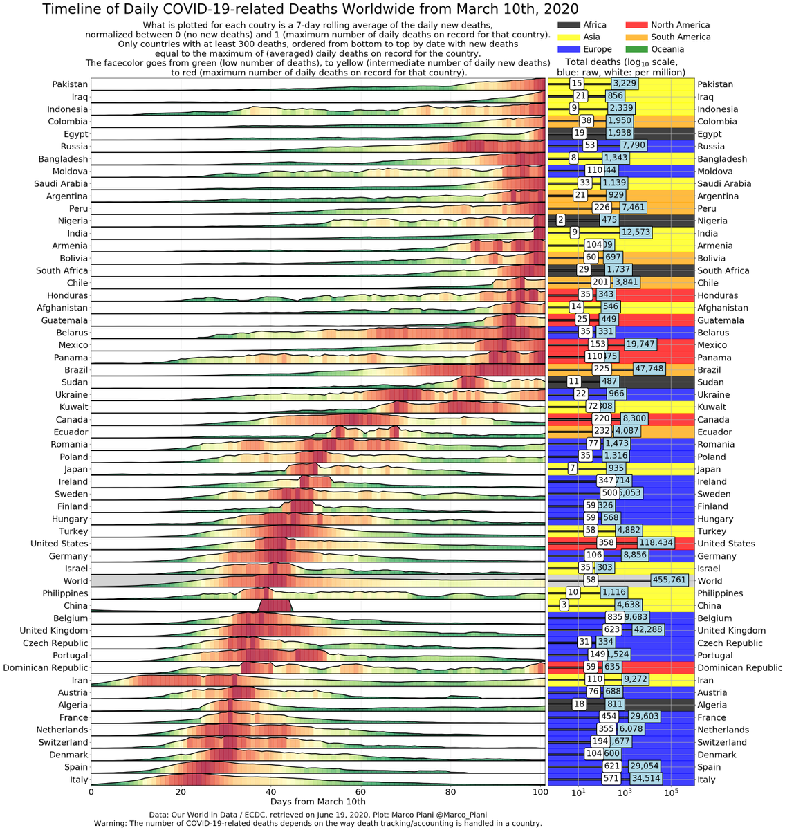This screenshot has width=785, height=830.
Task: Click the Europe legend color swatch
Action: (569, 49)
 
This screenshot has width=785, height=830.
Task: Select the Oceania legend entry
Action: (667, 49)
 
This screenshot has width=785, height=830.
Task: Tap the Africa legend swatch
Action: (569, 25)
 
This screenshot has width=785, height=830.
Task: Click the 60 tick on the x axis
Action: (360, 793)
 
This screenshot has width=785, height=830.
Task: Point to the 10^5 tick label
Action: (670, 793)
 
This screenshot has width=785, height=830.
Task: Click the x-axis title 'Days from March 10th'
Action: (308, 802)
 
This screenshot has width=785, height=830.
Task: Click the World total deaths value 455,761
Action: (670, 581)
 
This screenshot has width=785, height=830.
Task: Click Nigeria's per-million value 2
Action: (561, 221)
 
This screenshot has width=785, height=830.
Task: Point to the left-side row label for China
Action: (75, 606)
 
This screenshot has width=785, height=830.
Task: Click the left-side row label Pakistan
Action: (70, 84)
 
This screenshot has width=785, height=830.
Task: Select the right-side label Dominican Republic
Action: (739, 668)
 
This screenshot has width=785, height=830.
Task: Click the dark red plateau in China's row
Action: (276, 605)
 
